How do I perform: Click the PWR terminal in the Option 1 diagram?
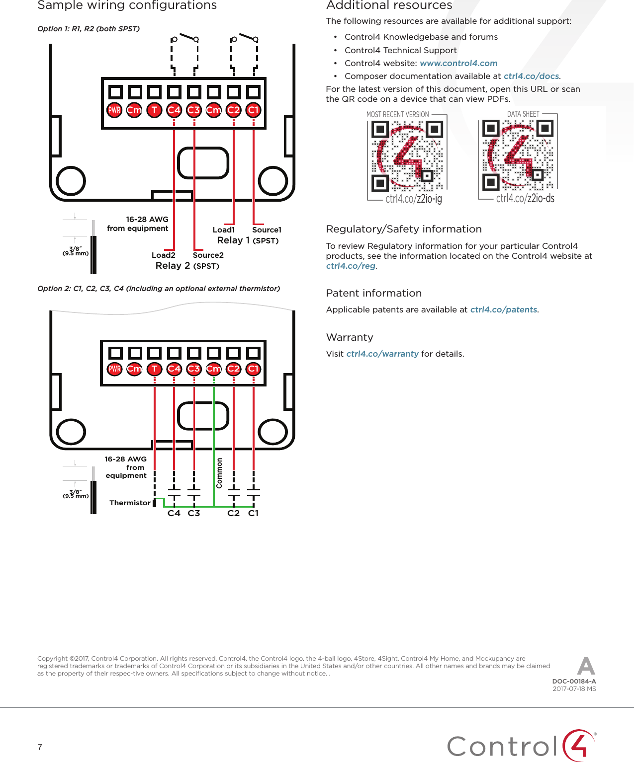[114, 110]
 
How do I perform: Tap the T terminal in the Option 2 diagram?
[155, 369]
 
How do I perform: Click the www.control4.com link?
[458, 63]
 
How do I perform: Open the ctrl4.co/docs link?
[531, 76]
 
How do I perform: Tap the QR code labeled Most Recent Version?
[407, 156]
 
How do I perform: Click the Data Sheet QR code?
[518, 155]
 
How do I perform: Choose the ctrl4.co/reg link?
[351, 266]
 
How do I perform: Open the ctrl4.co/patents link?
[503, 309]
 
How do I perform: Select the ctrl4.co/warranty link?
[382, 354]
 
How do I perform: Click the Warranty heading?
[350, 337]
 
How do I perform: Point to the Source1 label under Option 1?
[267, 229]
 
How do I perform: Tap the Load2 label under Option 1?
[164, 255]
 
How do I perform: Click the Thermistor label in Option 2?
[130, 503]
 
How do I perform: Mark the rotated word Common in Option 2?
[219, 473]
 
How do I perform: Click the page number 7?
[40, 747]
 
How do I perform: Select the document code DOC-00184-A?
[574, 682]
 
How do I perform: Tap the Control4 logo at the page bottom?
[521, 745]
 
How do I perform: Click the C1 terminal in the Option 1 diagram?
[254, 110]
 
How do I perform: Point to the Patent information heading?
[374, 293]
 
